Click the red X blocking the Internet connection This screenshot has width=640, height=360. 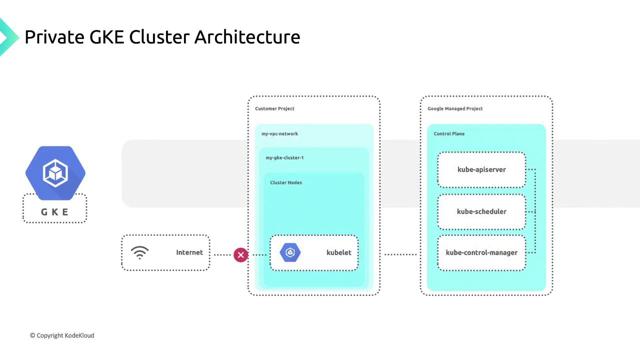pyautogui.click(x=240, y=255)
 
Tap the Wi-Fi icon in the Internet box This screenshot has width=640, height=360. pyautogui.click(x=140, y=252)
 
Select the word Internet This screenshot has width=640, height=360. pyautogui.click(x=189, y=252)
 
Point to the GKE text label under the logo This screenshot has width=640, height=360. pyautogui.click(x=55, y=212)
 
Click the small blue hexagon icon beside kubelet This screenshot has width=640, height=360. pyautogui.click(x=290, y=252)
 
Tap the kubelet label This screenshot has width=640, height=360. pyautogui.click(x=339, y=252)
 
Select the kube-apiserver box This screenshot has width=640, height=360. pyautogui.click(x=481, y=169)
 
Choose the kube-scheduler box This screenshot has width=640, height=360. pyautogui.click(x=481, y=211)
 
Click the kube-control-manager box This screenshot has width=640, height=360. pyautogui.click(x=481, y=252)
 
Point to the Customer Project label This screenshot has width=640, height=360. pyautogui.click(x=274, y=108)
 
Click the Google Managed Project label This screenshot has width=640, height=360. pyautogui.click(x=455, y=108)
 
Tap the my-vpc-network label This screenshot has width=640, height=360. pyautogui.click(x=279, y=133)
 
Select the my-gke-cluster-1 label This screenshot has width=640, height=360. pyautogui.click(x=284, y=157)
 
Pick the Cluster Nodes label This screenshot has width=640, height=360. pyautogui.click(x=286, y=182)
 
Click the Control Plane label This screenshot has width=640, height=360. pyautogui.click(x=449, y=133)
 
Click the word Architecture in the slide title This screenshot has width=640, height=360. pyautogui.click(x=247, y=37)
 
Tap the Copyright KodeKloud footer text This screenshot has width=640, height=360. pyautogui.click(x=62, y=335)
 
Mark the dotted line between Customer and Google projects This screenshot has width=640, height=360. pyautogui.click(x=400, y=254)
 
